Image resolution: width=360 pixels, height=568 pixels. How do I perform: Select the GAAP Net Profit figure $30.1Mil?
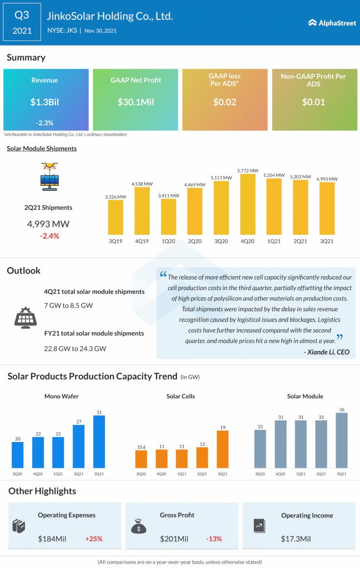point(135,102)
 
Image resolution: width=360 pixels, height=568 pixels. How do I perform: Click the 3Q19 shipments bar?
point(115,217)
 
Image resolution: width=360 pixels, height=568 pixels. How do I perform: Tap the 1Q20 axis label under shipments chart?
point(168,242)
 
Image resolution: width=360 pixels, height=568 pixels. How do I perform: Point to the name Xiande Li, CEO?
point(326,352)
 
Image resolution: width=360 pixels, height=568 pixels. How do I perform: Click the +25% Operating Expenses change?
point(94,539)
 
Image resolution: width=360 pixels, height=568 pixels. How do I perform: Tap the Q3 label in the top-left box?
point(22,16)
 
